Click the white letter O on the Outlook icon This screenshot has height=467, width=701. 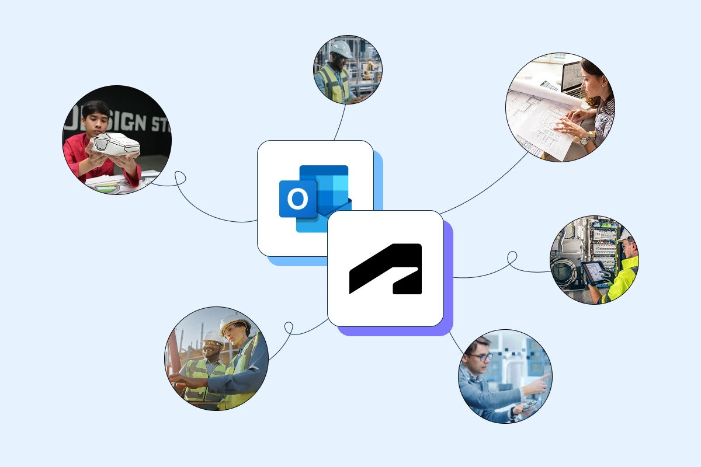pos(297,199)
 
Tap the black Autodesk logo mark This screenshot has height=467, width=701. pos(386,269)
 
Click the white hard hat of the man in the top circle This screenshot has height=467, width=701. pos(341,50)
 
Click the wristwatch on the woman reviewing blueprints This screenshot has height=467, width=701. pos(585,139)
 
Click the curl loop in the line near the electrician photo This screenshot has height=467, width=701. pos(512,257)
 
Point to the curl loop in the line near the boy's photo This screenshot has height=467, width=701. pos(179,177)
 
